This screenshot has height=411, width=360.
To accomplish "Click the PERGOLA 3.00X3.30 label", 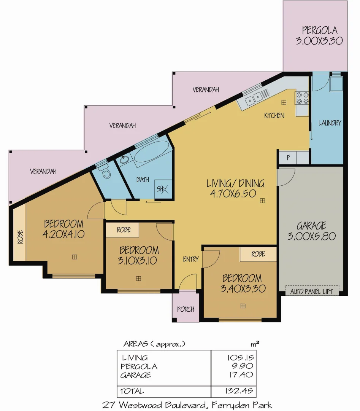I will pos(319,35).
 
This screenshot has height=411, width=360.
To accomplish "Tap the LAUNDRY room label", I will pos(330,123).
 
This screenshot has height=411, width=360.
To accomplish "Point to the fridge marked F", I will pos(288,157).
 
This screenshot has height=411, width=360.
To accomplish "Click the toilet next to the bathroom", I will pos(105,171).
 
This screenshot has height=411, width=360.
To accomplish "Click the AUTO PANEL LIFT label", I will pos(312,292).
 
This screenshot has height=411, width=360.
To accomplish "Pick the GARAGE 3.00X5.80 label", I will pos(311,231).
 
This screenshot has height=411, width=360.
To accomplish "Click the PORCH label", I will pos(186,309).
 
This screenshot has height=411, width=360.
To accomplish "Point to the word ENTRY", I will pos(191,259).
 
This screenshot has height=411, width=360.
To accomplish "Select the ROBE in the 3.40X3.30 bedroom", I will pos(258,254).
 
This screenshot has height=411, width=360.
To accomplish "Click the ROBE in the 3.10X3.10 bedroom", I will pos(124,229).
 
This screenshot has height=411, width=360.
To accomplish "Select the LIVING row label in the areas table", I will pos(135,358).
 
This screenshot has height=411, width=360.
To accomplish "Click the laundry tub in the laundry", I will pos(336,84).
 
